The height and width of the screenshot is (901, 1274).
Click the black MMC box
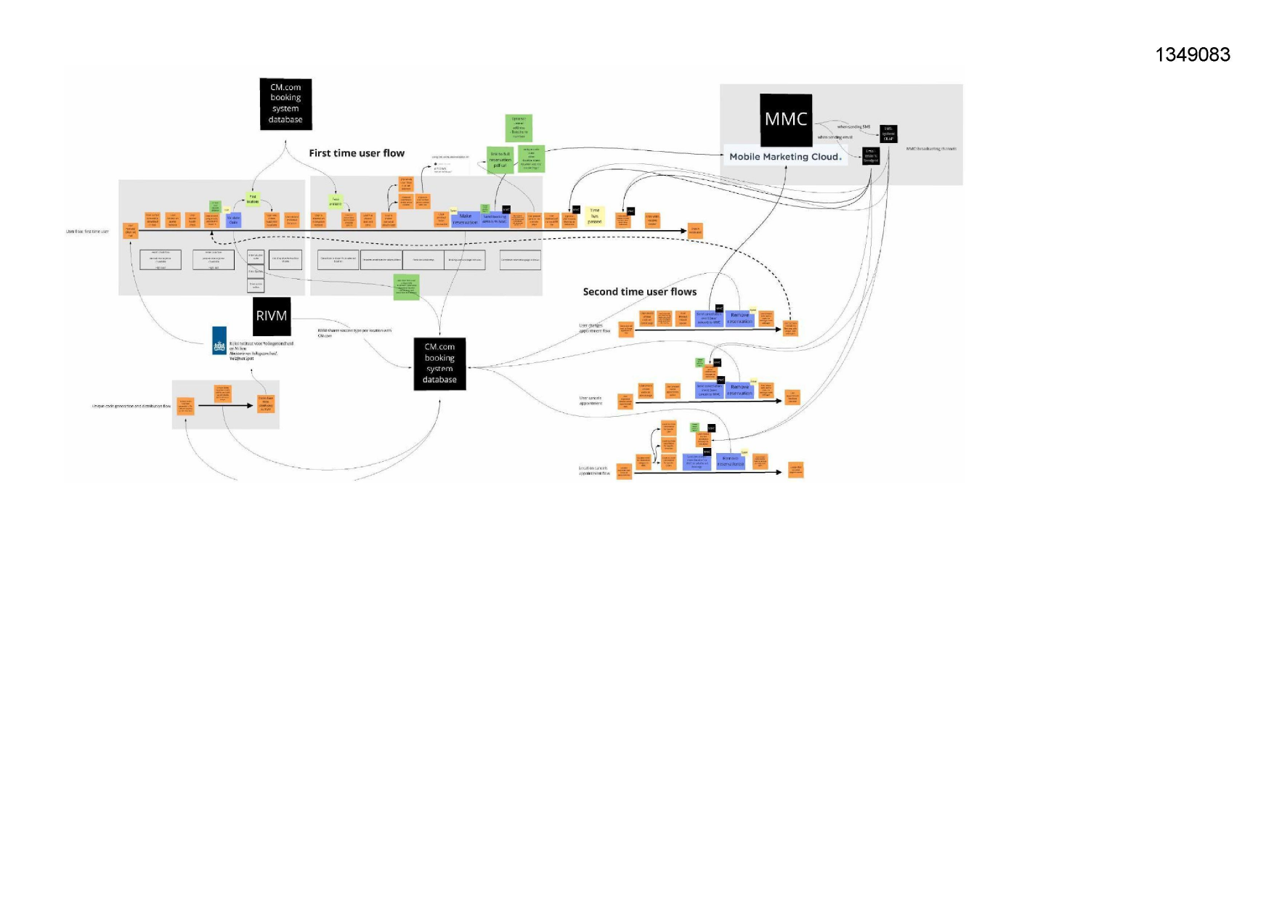click(786, 120)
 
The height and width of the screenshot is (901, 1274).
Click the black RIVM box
click(272, 316)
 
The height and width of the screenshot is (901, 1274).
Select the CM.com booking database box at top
click(285, 104)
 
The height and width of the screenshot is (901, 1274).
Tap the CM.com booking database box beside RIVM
click(439, 364)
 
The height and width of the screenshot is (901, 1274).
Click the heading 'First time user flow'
click(357, 153)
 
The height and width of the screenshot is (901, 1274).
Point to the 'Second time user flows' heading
click(639, 292)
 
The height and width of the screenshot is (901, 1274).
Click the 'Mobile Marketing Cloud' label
click(784, 157)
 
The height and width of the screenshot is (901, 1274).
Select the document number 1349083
click(1193, 54)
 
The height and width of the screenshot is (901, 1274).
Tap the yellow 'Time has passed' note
click(594, 216)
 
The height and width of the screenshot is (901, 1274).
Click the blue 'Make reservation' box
click(466, 219)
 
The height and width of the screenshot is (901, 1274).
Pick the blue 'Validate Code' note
click(234, 220)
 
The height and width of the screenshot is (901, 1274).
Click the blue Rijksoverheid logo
click(219, 341)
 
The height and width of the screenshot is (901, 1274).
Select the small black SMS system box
click(888, 134)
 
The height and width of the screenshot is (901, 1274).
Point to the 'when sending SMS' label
click(853, 127)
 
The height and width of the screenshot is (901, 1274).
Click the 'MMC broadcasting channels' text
click(931, 149)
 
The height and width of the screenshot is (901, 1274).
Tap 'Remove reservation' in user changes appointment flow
click(739, 318)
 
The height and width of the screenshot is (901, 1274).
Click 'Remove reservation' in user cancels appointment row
click(739, 390)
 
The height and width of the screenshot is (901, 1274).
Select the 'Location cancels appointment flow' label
click(594, 470)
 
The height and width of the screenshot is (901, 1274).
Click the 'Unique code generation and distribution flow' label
click(131, 407)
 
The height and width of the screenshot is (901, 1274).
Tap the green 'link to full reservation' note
click(500, 160)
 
